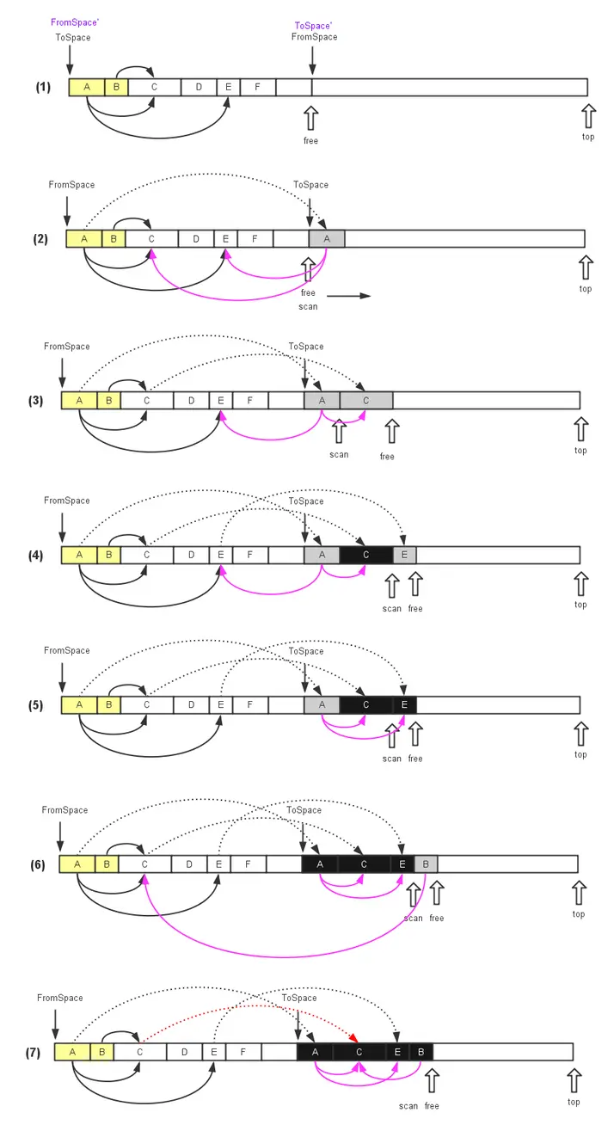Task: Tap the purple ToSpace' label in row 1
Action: pyautogui.click(x=313, y=26)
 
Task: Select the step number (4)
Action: pyautogui.click(x=36, y=556)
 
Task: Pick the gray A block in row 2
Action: pyautogui.click(x=327, y=238)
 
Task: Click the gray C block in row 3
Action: pyautogui.click(x=366, y=401)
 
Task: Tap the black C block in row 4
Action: pyautogui.click(x=366, y=556)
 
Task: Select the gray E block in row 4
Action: pyautogui.click(x=404, y=556)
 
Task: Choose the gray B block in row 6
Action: pyautogui.click(x=426, y=864)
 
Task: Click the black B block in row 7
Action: pyautogui.click(x=421, y=1052)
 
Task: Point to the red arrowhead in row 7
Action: pyautogui.click(x=353, y=1038)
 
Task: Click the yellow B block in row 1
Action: pyautogui.click(x=117, y=87)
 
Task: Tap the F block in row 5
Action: pyautogui.click(x=249, y=705)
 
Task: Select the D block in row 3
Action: pyautogui.click(x=191, y=401)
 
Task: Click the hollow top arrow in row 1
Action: pyautogui.click(x=588, y=117)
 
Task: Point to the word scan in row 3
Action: pyautogui.click(x=339, y=454)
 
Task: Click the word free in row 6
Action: pyautogui.click(x=437, y=919)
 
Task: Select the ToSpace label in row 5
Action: pyautogui.click(x=305, y=652)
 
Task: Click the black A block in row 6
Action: pyautogui.click(x=320, y=864)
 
